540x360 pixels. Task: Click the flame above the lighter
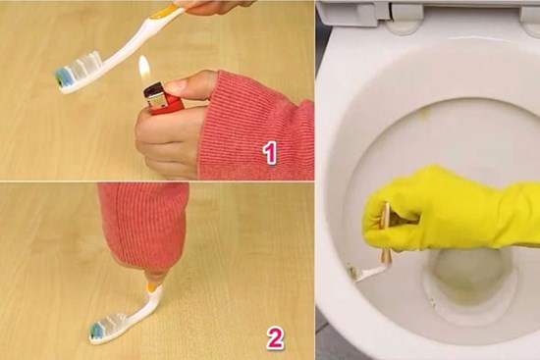tap(144, 69)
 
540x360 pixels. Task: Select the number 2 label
tap(275, 338)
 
